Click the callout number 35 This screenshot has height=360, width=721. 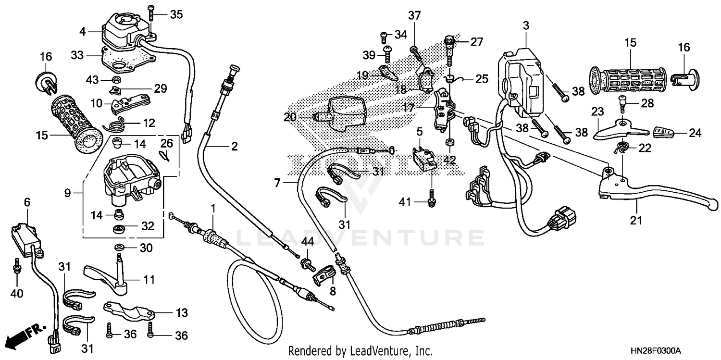pyautogui.click(x=176, y=14)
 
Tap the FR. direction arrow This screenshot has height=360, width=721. pyautogui.click(x=24, y=335)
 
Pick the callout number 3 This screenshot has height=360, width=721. pyautogui.click(x=526, y=25)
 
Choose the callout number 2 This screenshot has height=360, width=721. pyautogui.click(x=234, y=147)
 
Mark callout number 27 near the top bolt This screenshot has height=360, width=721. pyautogui.click(x=476, y=42)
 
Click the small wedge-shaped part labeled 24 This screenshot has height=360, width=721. pyautogui.click(x=665, y=132)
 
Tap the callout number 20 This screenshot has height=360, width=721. pyautogui.click(x=290, y=117)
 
